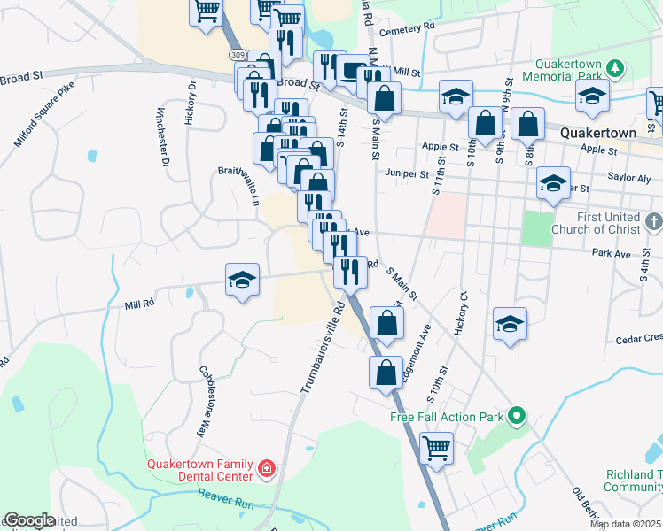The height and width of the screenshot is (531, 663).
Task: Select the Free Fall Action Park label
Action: point(447,416)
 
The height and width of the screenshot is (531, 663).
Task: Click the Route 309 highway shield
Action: point(237,55)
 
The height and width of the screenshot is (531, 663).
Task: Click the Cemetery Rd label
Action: point(417,27)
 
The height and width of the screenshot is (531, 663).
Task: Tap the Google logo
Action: point(28,520)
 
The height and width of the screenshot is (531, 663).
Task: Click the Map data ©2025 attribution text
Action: point(625,524)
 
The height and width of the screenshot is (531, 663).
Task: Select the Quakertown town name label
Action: point(598,133)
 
